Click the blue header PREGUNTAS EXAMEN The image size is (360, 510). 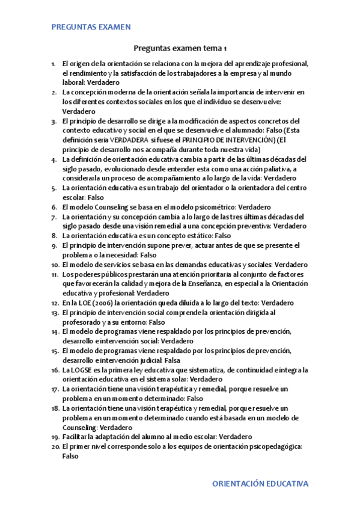91,27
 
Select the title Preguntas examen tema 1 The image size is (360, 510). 180,49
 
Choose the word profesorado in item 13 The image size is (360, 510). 83,322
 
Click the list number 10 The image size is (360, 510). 54,265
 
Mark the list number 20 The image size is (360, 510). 54,447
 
